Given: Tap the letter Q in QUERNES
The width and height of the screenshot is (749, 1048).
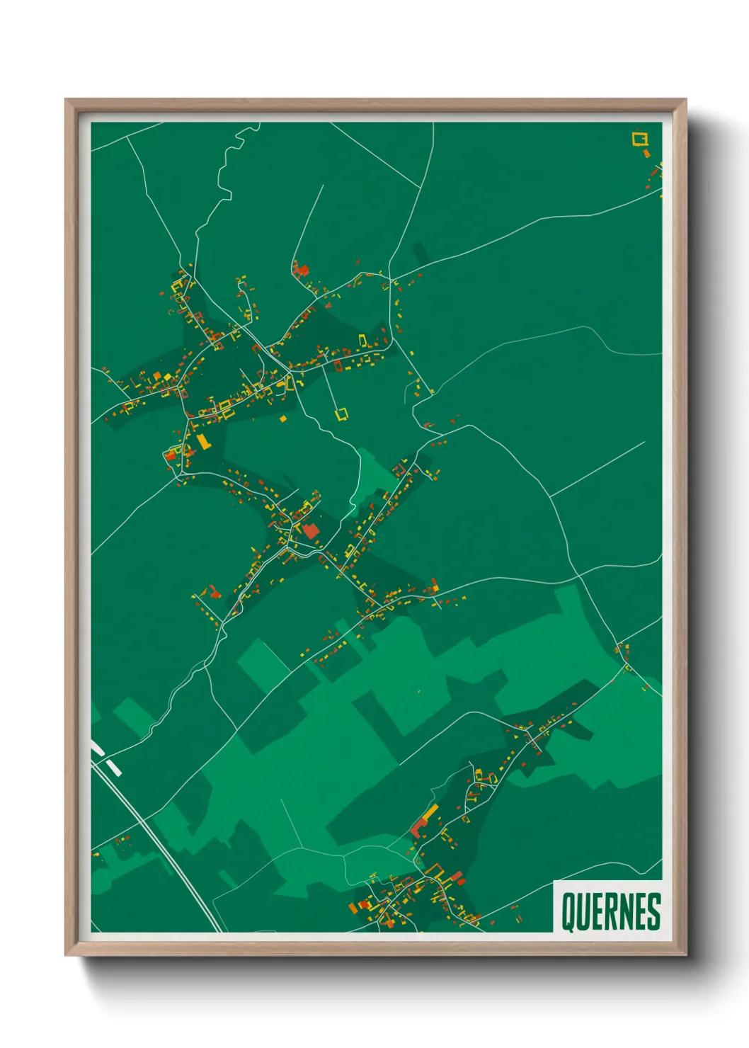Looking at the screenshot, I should pyautogui.click(x=568, y=911).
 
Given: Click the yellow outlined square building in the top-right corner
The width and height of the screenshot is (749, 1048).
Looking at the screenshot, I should pyautogui.click(x=640, y=138).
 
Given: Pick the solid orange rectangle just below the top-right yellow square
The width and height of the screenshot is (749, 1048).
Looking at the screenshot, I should pyautogui.click(x=646, y=152).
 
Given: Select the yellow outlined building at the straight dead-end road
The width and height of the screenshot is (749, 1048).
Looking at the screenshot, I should pyautogui.click(x=342, y=414).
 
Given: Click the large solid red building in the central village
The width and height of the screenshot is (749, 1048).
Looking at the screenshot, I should pyautogui.click(x=310, y=531).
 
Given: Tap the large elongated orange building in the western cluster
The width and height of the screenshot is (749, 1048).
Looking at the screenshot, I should pyautogui.click(x=203, y=442).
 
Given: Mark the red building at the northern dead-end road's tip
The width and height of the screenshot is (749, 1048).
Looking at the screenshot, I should pyautogui.click(x=301, y=269).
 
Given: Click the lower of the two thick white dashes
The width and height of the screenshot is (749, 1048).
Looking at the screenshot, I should pyautogui.click(x=113, y=767).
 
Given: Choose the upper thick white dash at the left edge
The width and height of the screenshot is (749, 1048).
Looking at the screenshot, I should pyautogui.click(x=98, y=748).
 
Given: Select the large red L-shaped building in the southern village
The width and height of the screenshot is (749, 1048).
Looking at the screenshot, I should pyautogui.click(x=420, y=826).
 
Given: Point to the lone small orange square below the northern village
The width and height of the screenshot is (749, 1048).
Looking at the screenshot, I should pyautogui.click(x=283, y=419).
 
